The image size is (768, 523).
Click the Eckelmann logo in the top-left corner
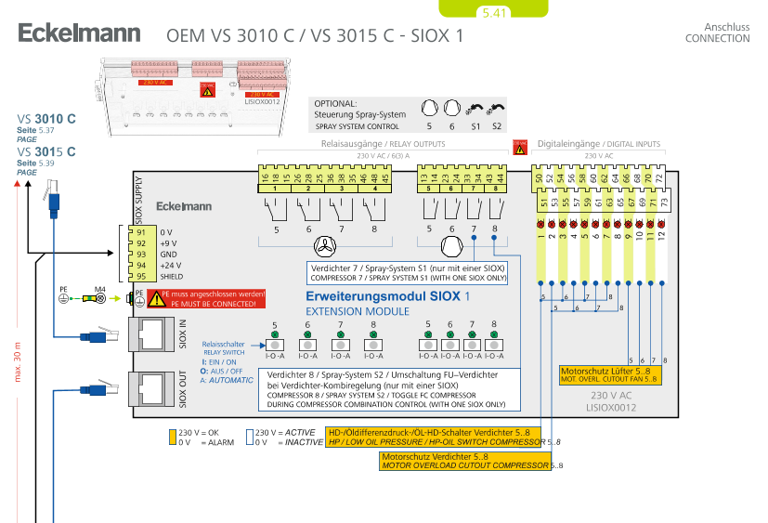point(80,34)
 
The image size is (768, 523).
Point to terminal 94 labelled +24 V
point(141,265)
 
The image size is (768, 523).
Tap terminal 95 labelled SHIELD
point(141,276)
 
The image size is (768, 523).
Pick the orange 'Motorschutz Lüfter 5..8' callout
point(608,374)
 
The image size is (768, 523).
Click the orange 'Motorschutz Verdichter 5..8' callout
point(464,461)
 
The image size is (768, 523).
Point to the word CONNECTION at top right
point(717,38)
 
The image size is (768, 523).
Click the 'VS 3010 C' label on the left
point(46,119)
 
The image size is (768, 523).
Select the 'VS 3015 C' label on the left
point(46,151)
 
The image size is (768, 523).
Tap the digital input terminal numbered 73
point(663,201)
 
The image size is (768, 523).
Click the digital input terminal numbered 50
point(539,177)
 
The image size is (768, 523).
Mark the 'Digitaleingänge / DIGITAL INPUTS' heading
point(599,145)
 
